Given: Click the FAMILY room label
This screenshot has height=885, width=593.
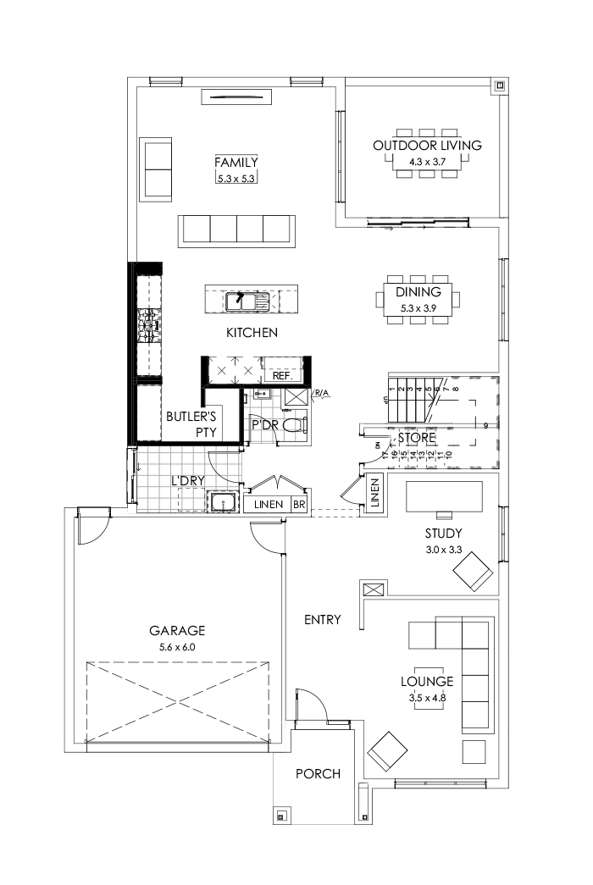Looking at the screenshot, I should click(236, 163).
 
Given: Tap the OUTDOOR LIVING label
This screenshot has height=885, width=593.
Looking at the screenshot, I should click(427, 146).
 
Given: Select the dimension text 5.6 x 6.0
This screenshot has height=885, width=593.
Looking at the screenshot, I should click(177, 647).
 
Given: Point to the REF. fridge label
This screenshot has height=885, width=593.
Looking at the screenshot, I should click(281, 374).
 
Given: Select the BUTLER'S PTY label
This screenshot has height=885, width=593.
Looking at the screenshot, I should click(191, 423).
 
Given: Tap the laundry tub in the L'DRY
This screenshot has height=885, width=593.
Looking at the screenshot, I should click(223, 503).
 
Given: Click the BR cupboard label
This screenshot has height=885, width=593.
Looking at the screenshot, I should click(299, 504).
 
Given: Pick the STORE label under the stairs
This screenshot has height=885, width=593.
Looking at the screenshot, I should click(418, 438).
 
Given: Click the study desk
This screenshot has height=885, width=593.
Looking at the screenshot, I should click(444, 496).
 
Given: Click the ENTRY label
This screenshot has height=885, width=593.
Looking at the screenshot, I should click(322, 620).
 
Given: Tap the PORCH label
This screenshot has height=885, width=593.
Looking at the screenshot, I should click(318, 773).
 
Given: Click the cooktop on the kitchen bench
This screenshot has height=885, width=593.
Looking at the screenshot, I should click(148, 324).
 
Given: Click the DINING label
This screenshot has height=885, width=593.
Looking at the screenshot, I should click(418, 292).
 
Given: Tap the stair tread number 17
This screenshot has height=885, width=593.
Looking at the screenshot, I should click(385, 455).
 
